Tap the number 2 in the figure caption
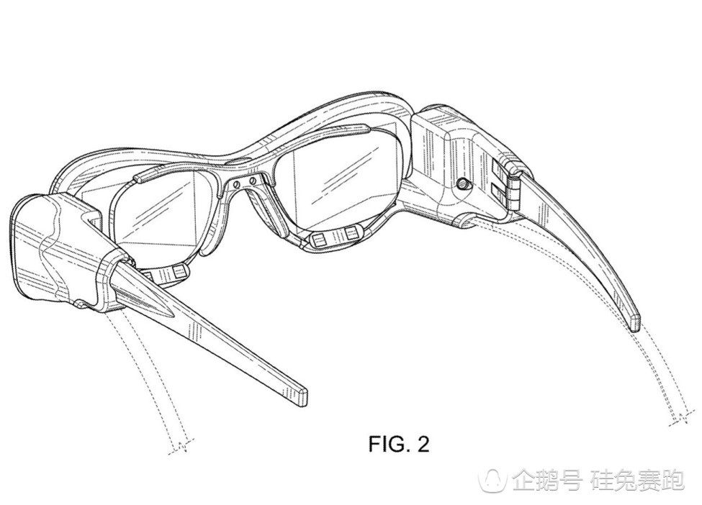[423, 444]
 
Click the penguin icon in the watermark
[494, 479]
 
